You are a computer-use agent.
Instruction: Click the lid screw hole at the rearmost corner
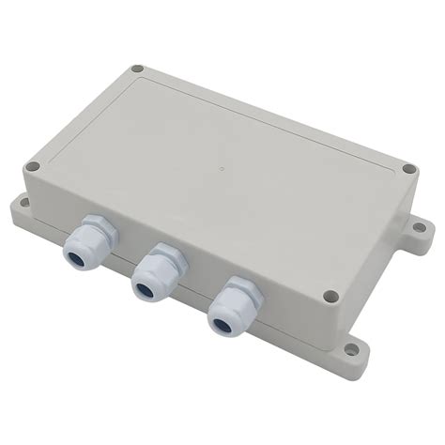(138, 69)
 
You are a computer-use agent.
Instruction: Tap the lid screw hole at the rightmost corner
(408, 170)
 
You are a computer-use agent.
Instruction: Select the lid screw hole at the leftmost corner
(32, 166)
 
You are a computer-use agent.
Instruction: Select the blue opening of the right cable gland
(222, 324)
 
